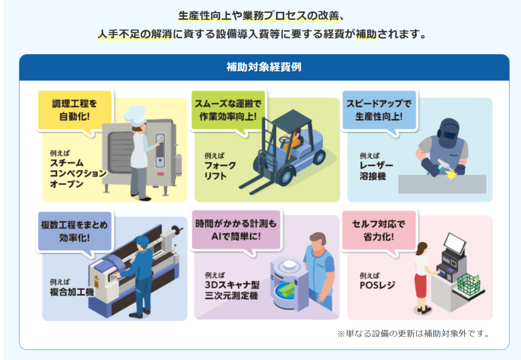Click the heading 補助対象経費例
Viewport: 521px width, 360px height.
(264, 67)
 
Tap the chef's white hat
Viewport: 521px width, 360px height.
(135, 114)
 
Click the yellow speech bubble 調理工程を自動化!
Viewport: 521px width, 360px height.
(75, 110)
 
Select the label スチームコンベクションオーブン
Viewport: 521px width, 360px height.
(78, 173)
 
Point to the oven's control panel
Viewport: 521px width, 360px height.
(160, 150)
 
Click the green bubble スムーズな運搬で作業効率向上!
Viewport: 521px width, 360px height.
(228, 110)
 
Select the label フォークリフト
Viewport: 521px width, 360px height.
(220, 170)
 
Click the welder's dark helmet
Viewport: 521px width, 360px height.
(449, 133)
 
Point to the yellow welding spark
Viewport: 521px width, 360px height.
(451, 174)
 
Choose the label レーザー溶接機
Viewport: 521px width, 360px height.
(376, 170)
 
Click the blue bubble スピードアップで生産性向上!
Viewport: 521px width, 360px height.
(379, 110)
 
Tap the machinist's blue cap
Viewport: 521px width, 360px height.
(142, 240)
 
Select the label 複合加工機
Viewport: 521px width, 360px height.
(72, 292)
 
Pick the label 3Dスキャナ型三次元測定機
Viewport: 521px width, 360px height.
(232, 290)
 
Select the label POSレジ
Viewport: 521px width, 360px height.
(377, 285)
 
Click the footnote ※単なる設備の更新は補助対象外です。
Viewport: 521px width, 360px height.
(414, 334)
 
